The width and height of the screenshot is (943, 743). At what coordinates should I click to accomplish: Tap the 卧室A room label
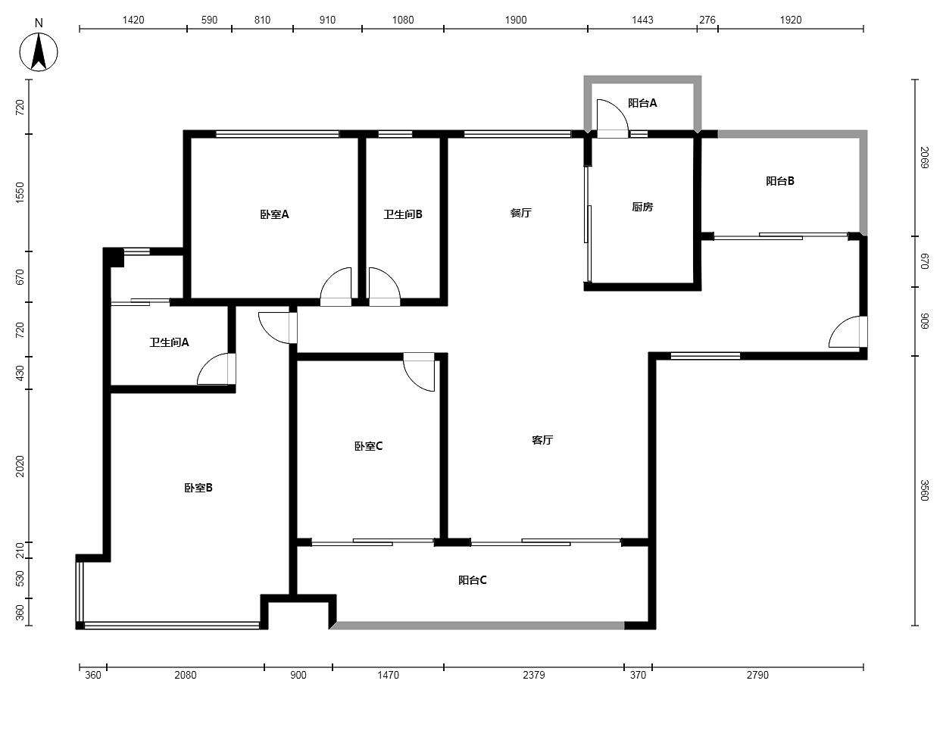click(x=274, y=214)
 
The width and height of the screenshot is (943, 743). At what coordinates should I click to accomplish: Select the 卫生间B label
click(x=403, y=214)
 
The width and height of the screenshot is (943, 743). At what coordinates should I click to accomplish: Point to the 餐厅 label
click(x=521, y=213)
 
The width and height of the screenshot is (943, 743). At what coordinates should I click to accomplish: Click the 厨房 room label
click(x=642, y=207)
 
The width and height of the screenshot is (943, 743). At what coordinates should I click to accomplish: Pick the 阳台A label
click(x=642, y=103)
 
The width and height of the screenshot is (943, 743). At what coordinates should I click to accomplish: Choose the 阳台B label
click(x=780, y=181)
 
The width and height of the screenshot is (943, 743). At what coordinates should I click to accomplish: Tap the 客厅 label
click(x=542, y=439)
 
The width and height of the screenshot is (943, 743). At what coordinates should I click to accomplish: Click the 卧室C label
click(x=369, y=446)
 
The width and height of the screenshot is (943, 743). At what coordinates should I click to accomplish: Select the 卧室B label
click(x=198, y=488)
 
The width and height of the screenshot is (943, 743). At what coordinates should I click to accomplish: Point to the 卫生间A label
click(x=169, y=342)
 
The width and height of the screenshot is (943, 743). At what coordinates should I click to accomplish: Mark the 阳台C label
click(x=473, y=580)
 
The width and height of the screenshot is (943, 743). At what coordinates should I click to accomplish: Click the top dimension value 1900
click(x=516, y=20)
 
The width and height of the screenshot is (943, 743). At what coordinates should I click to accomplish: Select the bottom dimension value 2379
click(x=534, y=675)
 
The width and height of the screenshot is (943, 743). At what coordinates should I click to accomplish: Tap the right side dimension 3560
click(x=925, y=491)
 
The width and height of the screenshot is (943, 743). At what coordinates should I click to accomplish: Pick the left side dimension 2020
click(x=20, y=466)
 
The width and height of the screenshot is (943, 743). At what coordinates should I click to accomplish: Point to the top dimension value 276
click(x=707, y=20)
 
